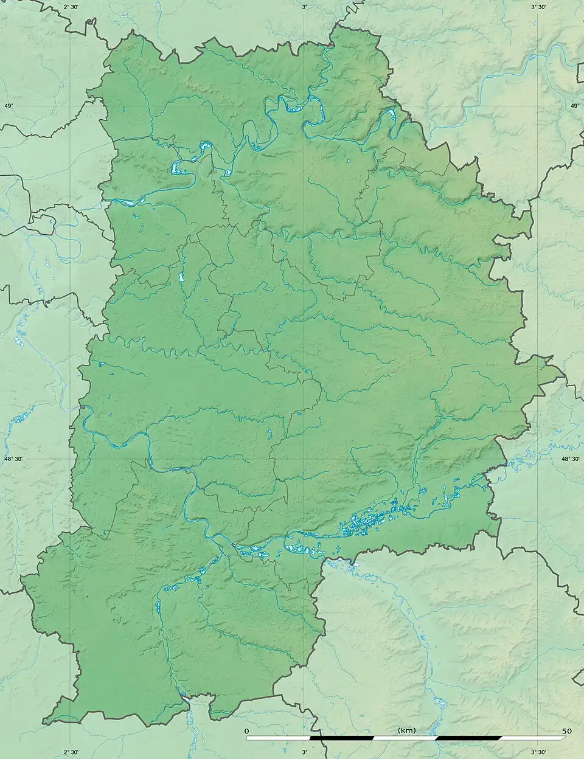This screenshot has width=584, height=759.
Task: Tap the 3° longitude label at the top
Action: click(x=305, y=7)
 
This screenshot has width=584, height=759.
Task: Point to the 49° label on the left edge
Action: click(x=9, y=106)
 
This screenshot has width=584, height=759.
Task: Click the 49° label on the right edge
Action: click(x=575, y=106)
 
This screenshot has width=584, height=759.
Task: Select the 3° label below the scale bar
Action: click(x=305, y=752)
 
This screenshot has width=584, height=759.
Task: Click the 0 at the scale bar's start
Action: click(x=246, y=730)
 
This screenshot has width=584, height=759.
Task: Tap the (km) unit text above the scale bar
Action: click(x=406, y=730)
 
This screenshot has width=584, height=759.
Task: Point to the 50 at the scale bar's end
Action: click(x=567, y=730)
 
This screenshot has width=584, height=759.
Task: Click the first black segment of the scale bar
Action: click(x=342, y=738)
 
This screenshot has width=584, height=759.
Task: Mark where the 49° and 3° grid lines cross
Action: click(x=305, y=106)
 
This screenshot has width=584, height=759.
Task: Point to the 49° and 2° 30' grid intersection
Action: click(x=71, y=106)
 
